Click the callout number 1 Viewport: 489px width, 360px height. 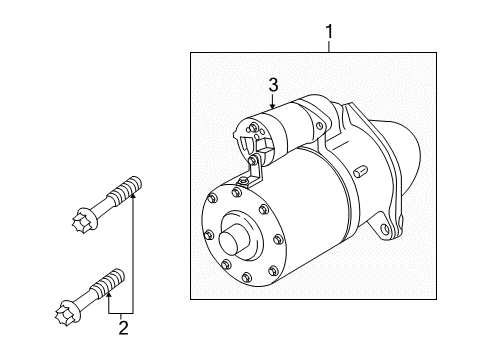click(x=329, y=32)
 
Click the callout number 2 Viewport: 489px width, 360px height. click(x=123, y=328)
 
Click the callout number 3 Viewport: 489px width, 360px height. click(x=273, y=85)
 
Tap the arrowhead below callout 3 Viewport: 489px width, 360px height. click(x=273, y=106)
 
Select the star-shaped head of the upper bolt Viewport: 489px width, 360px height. click(x=82, y=220)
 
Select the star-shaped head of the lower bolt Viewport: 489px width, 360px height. click(x=65, y=315)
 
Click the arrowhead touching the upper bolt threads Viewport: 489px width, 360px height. click(x=133, y=195)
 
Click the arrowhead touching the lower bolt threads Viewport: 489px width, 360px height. click(x=109, y=294)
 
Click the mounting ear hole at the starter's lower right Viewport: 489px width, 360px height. click(x=385, y=229)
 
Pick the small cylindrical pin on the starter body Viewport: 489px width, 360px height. click(x=361, y=171)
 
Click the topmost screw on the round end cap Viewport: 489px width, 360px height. click(x=236, y=192)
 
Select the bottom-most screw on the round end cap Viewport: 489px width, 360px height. click(x=246, y=277)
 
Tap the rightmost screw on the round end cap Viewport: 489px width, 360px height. click(x=278, y=239)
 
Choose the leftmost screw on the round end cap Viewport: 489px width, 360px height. click(x=209, y=235)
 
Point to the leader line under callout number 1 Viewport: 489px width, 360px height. click(x=329, y=46)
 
